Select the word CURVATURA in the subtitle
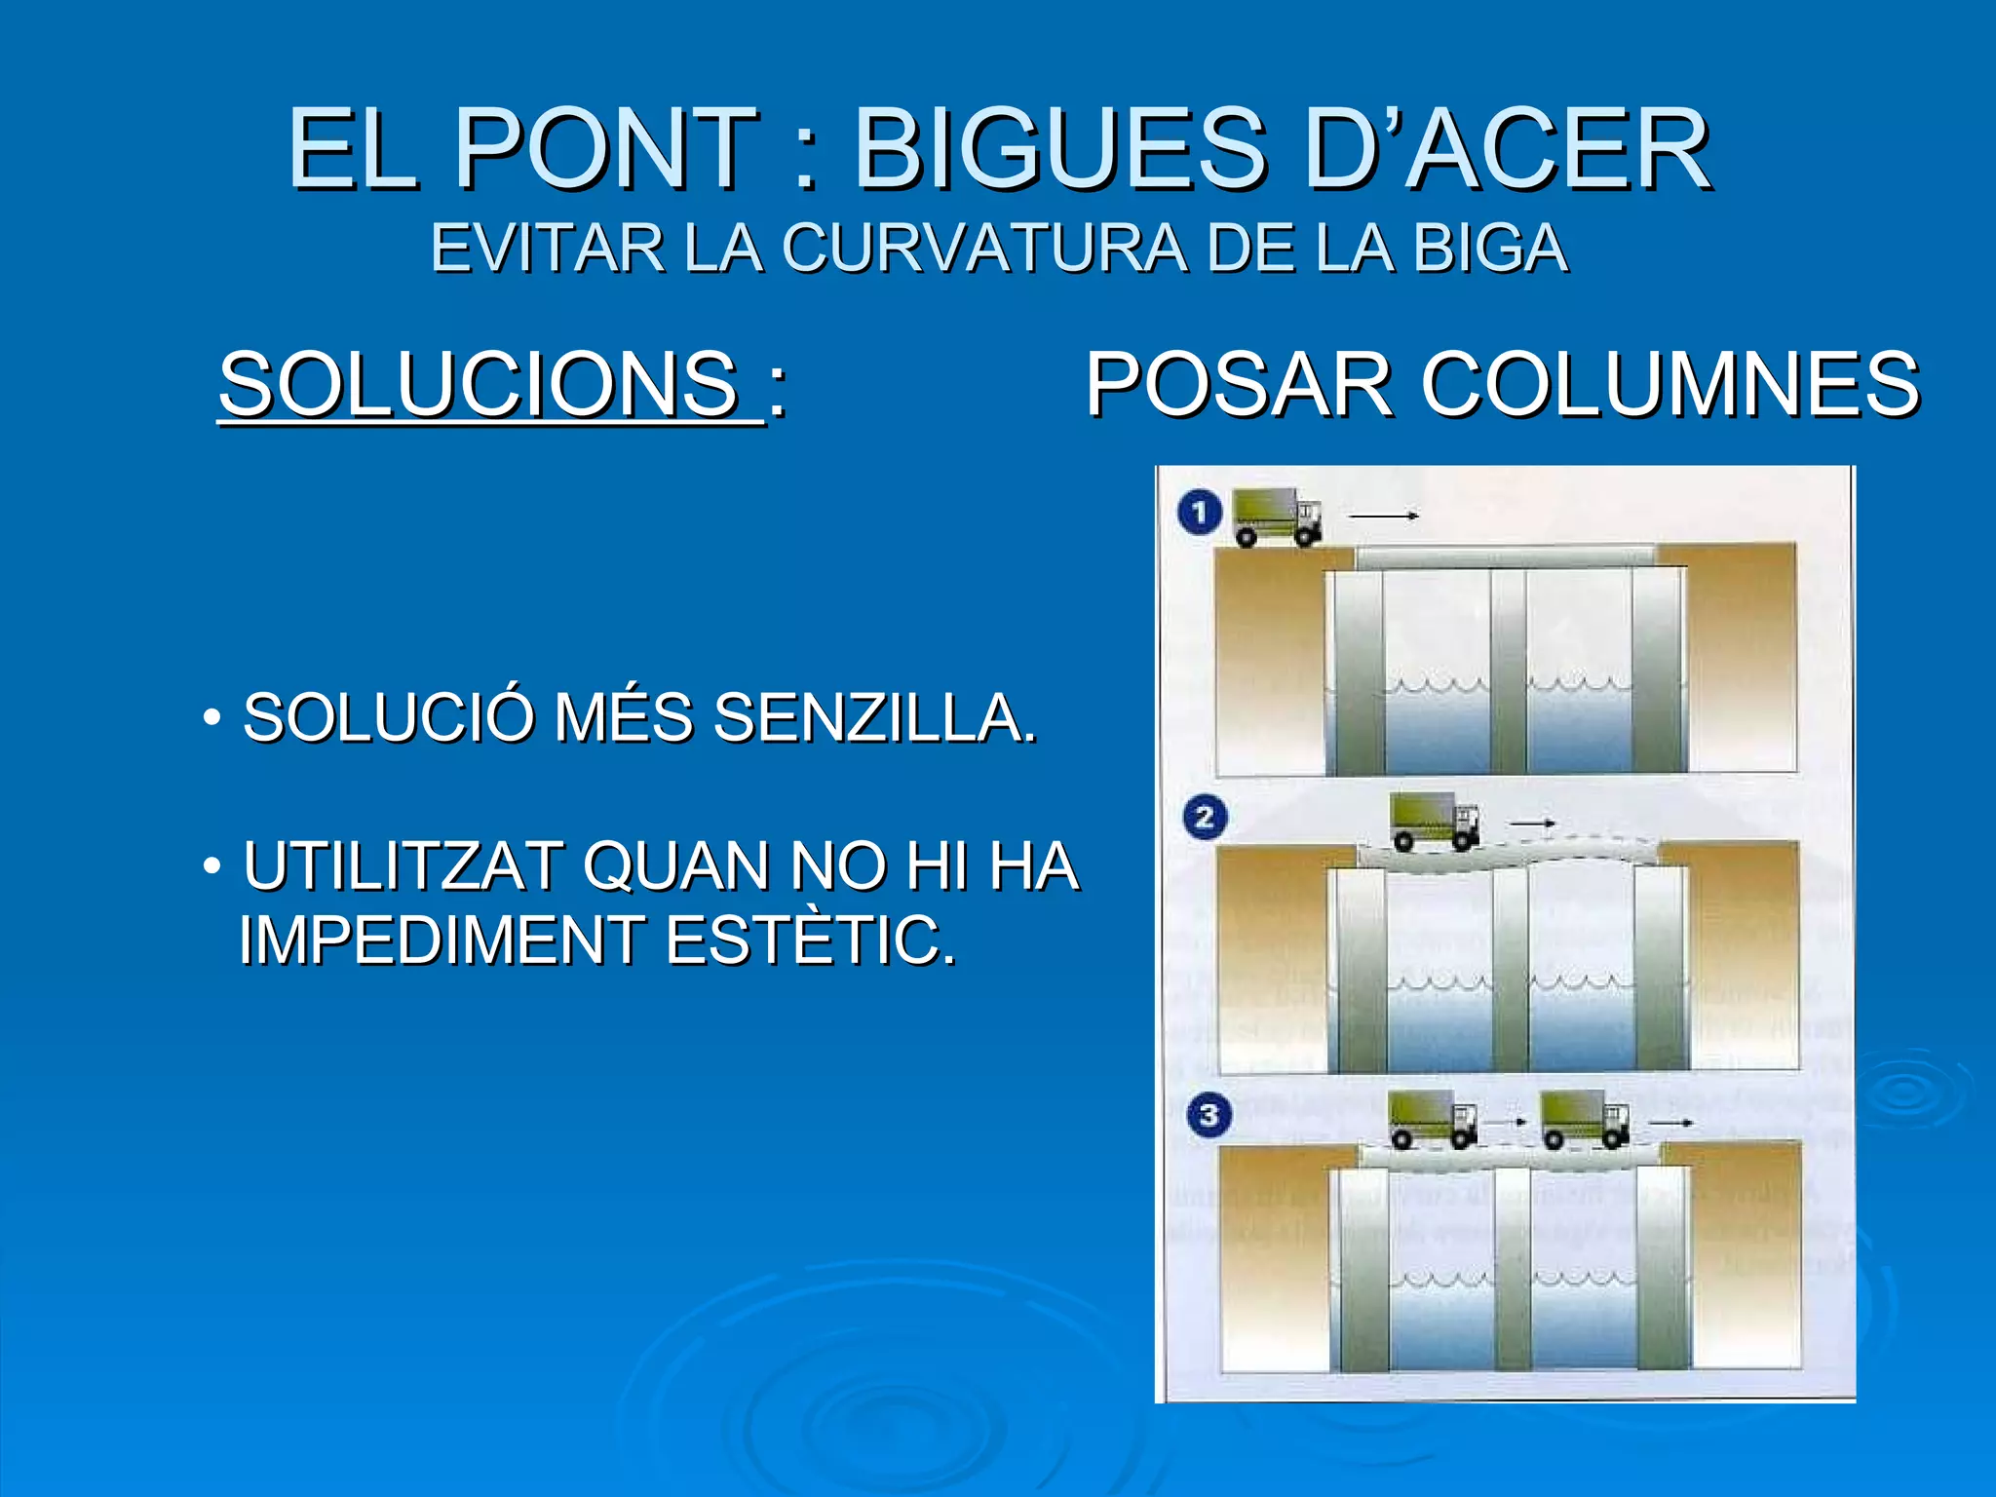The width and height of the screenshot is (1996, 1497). point(984,249)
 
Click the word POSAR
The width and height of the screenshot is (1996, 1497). point(1239,384)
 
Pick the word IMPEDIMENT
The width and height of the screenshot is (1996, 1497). point(442,940)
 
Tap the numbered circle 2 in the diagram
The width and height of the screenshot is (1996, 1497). point(1205,817)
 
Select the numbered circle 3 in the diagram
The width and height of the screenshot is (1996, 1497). point(1209,1114)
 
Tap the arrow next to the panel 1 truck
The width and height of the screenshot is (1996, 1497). point(1382,516)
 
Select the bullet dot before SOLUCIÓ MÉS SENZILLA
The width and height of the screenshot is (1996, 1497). point(211,719)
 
